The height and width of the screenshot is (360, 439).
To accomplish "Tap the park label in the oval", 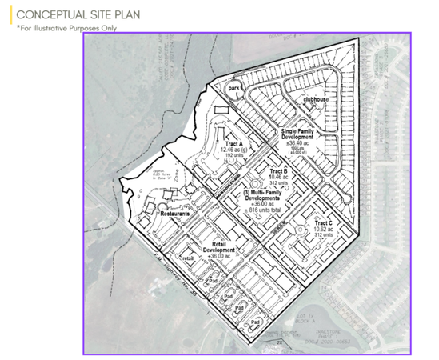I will point(233,89).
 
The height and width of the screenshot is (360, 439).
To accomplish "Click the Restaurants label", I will point(174,214).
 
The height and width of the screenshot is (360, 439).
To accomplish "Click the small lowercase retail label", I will point(189,258).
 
